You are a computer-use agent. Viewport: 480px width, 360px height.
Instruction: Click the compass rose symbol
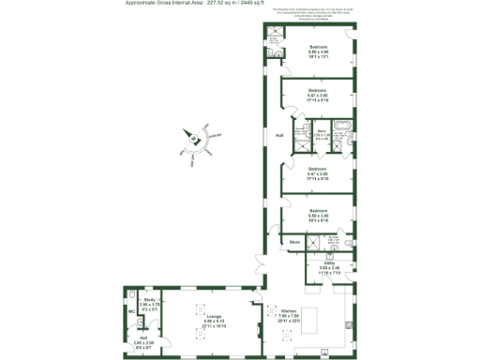click(x=194, y=139)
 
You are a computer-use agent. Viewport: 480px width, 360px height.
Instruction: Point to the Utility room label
click(x=329, y=263)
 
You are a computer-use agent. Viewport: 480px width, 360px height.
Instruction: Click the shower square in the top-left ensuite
click(x=274, y=37)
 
